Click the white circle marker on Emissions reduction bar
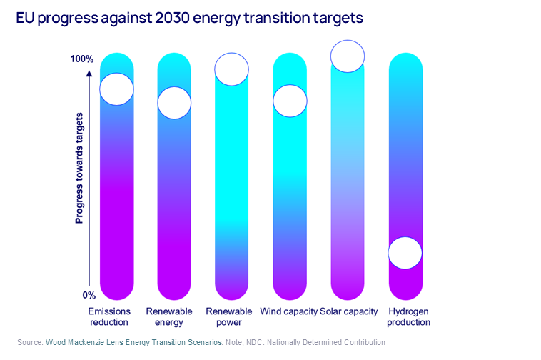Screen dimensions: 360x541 tap(116, 89)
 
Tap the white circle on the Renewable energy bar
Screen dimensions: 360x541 tap(174, 102)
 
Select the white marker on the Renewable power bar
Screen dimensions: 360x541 tap(231, 69)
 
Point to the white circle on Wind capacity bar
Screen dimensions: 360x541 tap(290, 101)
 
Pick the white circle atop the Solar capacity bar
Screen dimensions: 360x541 tap(348, 56)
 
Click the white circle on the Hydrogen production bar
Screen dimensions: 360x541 tap(405, 253)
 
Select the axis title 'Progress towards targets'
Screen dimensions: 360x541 tap(79, 169)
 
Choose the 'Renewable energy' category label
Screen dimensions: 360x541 tap(169, 316)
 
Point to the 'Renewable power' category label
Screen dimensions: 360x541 tap(228, 316)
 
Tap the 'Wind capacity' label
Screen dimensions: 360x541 tap(288, 311)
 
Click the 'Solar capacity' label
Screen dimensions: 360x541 tap(349, 311)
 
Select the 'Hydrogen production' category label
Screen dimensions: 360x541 tap(409, 316)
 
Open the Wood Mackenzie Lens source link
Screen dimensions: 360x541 tap(133, 343)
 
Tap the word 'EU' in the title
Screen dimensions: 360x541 tap(26, 20)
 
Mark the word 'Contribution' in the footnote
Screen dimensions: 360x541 tap(361, 343)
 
